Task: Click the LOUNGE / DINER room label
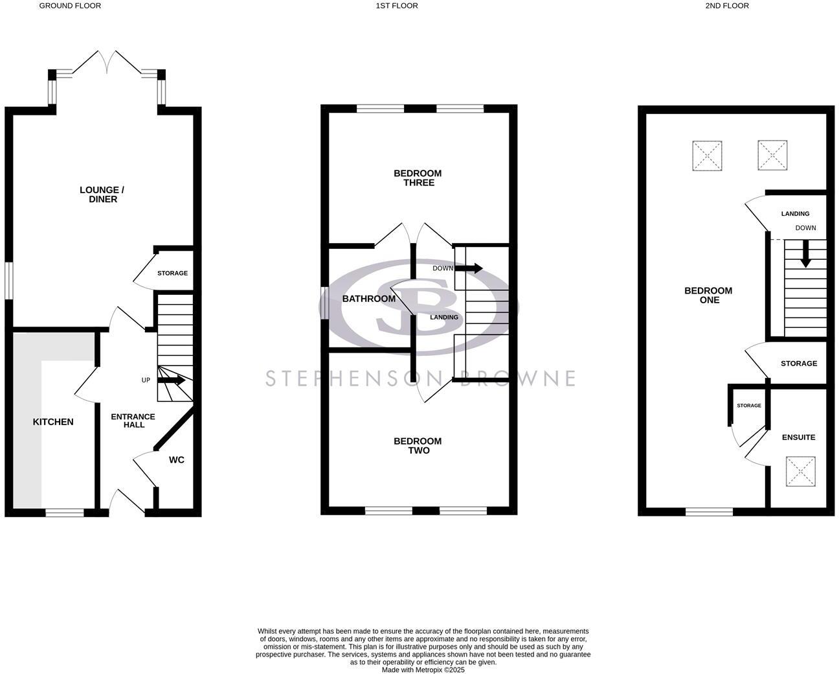pyautogui.click(x=102, y=194)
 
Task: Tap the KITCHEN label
pyautogui.click(x=53, y=422)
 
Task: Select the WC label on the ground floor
pyautogui.click(x=176, y=460)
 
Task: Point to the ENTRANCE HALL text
pyautogui.click(x=133, y=420)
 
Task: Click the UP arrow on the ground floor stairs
pyautogui.click(x=172, y=380)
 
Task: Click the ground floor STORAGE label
pyautogui.click(x=172, y=273)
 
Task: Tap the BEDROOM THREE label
pyautogui.click(x=418, y=178)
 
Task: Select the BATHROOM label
pyautogui.click(x=368, y=299)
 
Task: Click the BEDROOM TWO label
pyautogui.click(x=418, y=446)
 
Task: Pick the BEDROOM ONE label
pyautogui.click(x=708, y=295)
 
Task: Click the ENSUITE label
pyautogui.click(x=798, y=437)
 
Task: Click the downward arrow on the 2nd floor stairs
pyautogui.click(x=805, y=253)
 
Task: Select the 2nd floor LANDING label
pyautogui.click(x=795, y=214)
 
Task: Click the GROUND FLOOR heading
pyautogui.click(x=70, y=6)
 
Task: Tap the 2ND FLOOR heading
pyautogui.click(x=727, y=6)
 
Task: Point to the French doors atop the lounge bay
pyautogui.click(x=107, y=62)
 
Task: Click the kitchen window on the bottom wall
pyautogui.click(x=65, y=513)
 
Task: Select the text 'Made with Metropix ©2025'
pyautogui.click(x=423, y=670)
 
